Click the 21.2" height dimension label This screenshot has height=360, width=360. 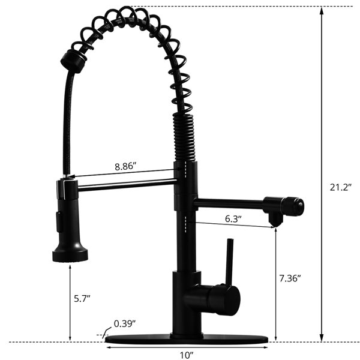[341, 187]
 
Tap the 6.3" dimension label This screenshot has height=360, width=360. [233, 219]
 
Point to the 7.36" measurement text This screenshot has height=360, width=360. [290, 278]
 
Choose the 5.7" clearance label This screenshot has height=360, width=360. [82, 298]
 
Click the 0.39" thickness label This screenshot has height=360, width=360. [125, 324]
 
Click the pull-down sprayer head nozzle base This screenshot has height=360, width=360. [70, 256]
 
